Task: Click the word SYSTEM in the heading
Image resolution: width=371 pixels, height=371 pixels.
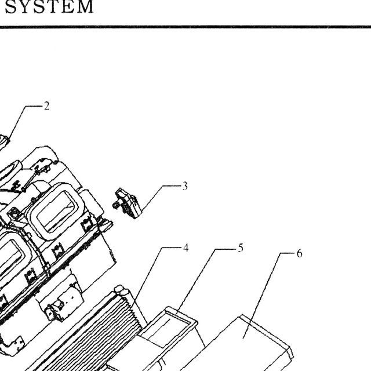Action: (49, 6)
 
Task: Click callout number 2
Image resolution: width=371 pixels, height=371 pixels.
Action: (46, 106)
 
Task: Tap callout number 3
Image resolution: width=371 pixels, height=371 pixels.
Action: (185, 186)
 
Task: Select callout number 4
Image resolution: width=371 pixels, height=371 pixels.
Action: (185, 248)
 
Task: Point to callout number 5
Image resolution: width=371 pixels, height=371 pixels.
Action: (241, 248)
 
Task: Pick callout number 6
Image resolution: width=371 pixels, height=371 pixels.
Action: (299, 253)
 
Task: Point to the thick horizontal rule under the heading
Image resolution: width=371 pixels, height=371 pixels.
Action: (185, 27)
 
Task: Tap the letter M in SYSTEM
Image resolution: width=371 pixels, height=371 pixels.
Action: (84, 6)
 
